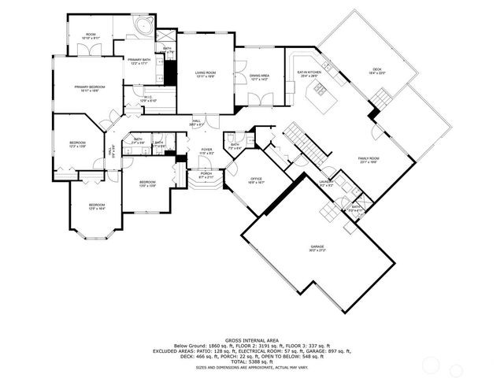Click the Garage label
coord(317,248)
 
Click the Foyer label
coord(206,150)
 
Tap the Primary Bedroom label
coord(91,88)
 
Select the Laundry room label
coord(326,183)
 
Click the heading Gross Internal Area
coord(251,334)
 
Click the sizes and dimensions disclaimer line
coord(251,367)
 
